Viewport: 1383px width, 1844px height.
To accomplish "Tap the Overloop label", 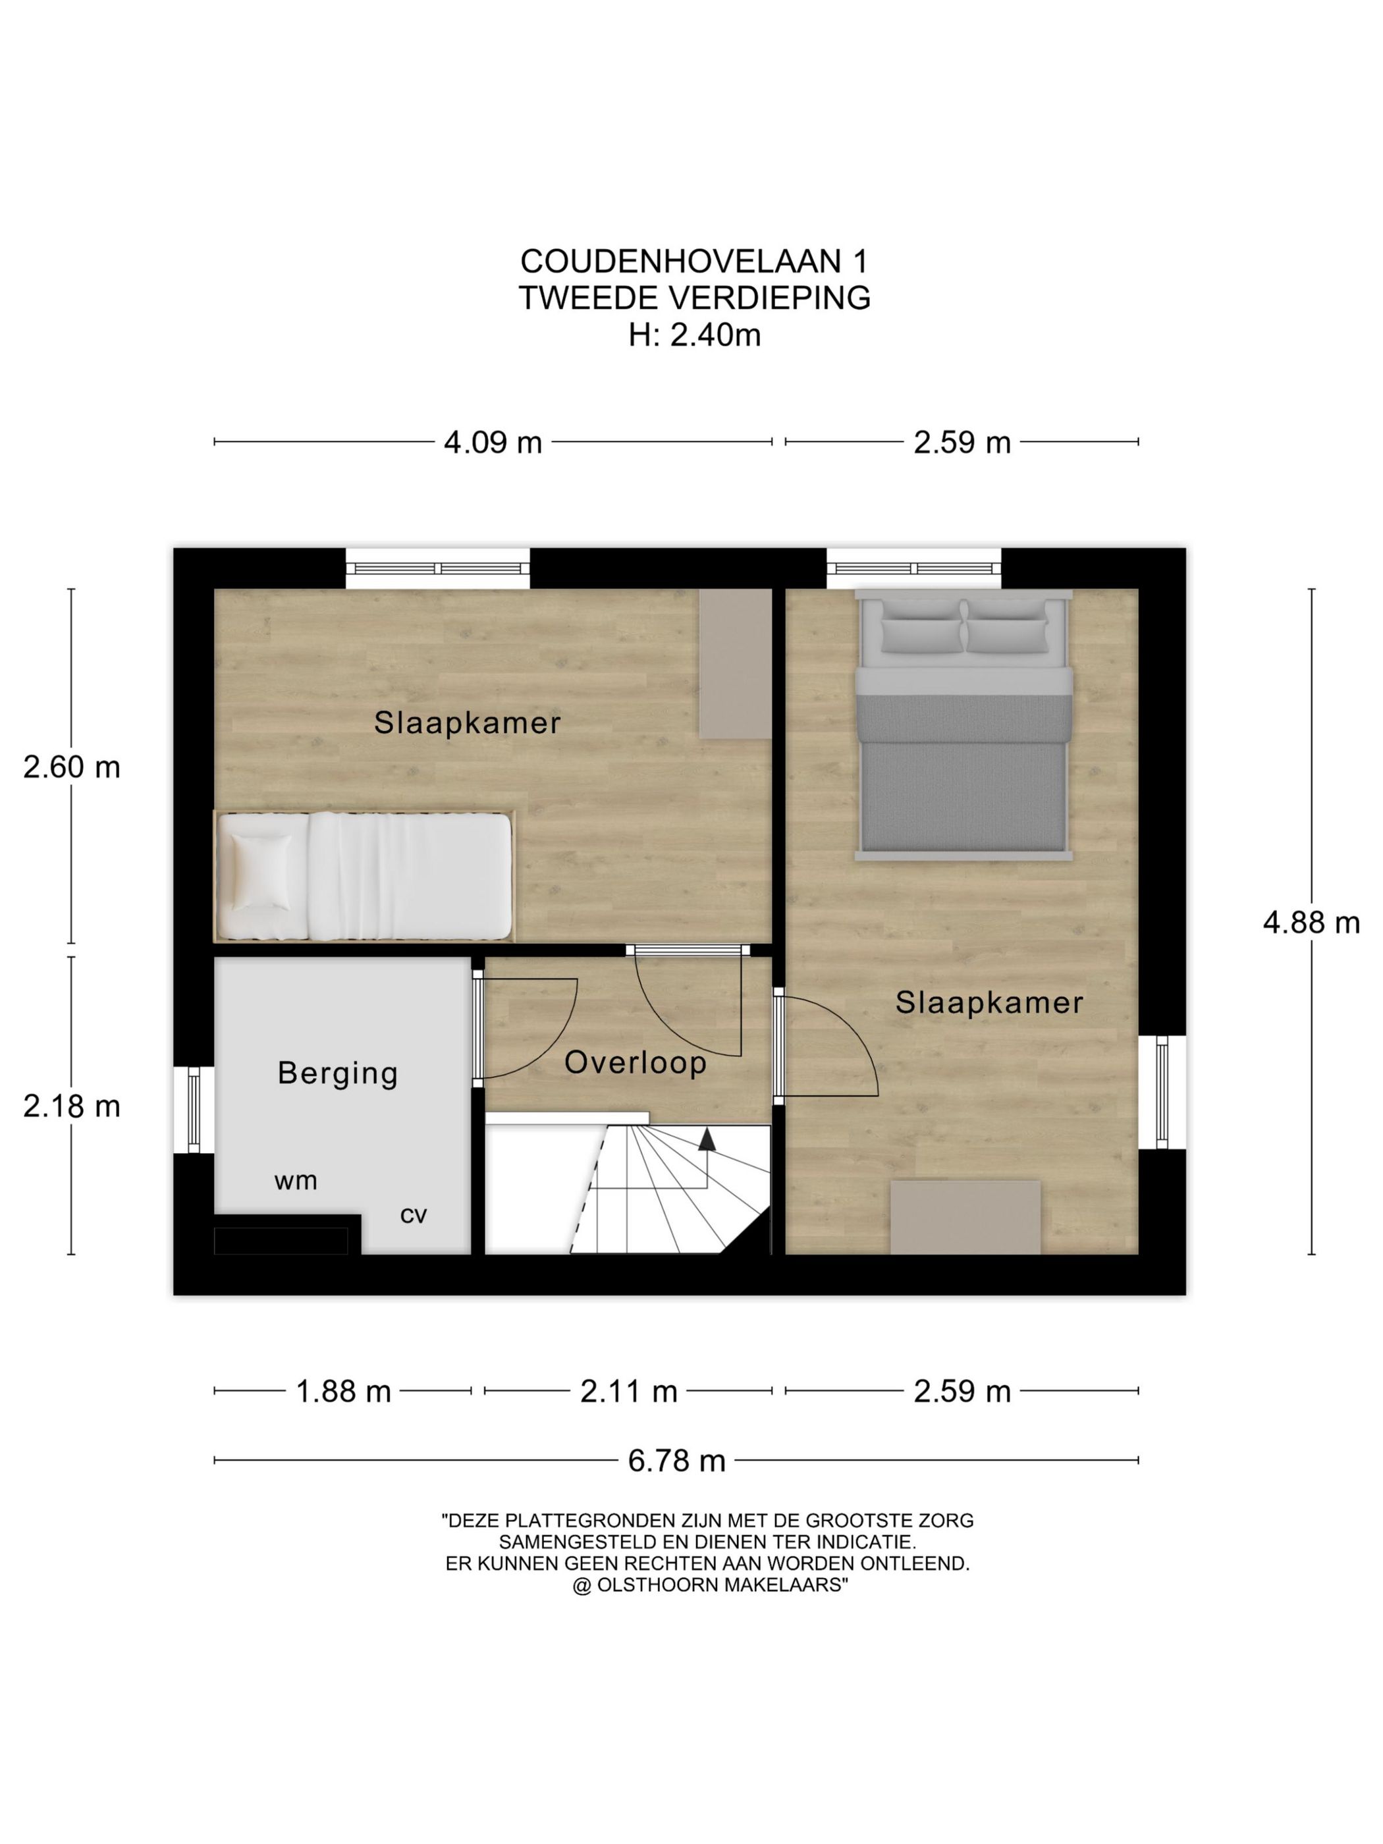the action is click(x=636, y=1062).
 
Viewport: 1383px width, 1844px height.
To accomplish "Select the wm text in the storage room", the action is click(x=295, y=1181).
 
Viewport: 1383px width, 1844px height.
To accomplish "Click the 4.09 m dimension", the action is click(x=493, y=442).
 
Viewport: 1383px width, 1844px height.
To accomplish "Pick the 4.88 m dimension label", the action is click(x=1311, y=922).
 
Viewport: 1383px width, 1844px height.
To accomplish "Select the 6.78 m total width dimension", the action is click(x=676, y=1461).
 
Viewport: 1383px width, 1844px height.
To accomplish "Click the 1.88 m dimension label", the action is click(x=344, y=1392).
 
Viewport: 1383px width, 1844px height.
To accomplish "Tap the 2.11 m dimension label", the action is click(x=628, y=1392).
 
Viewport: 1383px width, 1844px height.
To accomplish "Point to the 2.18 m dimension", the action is click(x=72, y=1106).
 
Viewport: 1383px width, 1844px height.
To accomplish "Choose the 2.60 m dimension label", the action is click(x=72, y=767).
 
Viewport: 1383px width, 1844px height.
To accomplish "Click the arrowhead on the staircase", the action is click(x=706, y=1139).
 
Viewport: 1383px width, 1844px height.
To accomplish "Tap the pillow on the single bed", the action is click(x=261, y=871).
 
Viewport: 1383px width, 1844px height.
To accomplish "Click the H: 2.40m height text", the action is click(x=694, y=335).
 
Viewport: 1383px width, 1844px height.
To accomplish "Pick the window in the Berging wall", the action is click(x=194, y=1110).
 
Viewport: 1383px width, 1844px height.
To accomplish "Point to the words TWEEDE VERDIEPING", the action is click(x=694, y=298).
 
